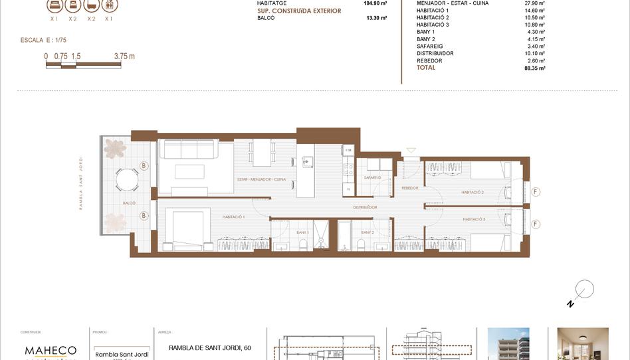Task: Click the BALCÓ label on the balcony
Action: [x=129, y=203]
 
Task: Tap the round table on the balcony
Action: [x=128, y=179]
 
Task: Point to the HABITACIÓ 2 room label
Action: [x=472, y=193]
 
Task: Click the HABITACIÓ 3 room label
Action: [x=474, y=219]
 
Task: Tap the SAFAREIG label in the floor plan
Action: [x=372, y=178]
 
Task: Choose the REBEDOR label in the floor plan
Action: [x=409, y=188]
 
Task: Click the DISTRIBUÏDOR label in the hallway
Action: [x=365, y=207]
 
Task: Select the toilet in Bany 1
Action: [x=303, y=246]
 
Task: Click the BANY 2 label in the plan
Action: [x=367, y=232]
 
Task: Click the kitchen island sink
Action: [x=307, y=161]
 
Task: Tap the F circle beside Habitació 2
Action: [x=536, y=193]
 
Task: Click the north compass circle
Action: [x=584, y=290]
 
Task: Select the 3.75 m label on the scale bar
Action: [x=124, y=56]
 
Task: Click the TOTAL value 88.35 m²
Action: [x=534, y=68]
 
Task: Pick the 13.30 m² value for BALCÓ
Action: [x=376, y=19]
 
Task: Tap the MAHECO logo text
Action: [x=51, y=350]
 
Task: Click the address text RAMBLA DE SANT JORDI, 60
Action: [x=210, y=347]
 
